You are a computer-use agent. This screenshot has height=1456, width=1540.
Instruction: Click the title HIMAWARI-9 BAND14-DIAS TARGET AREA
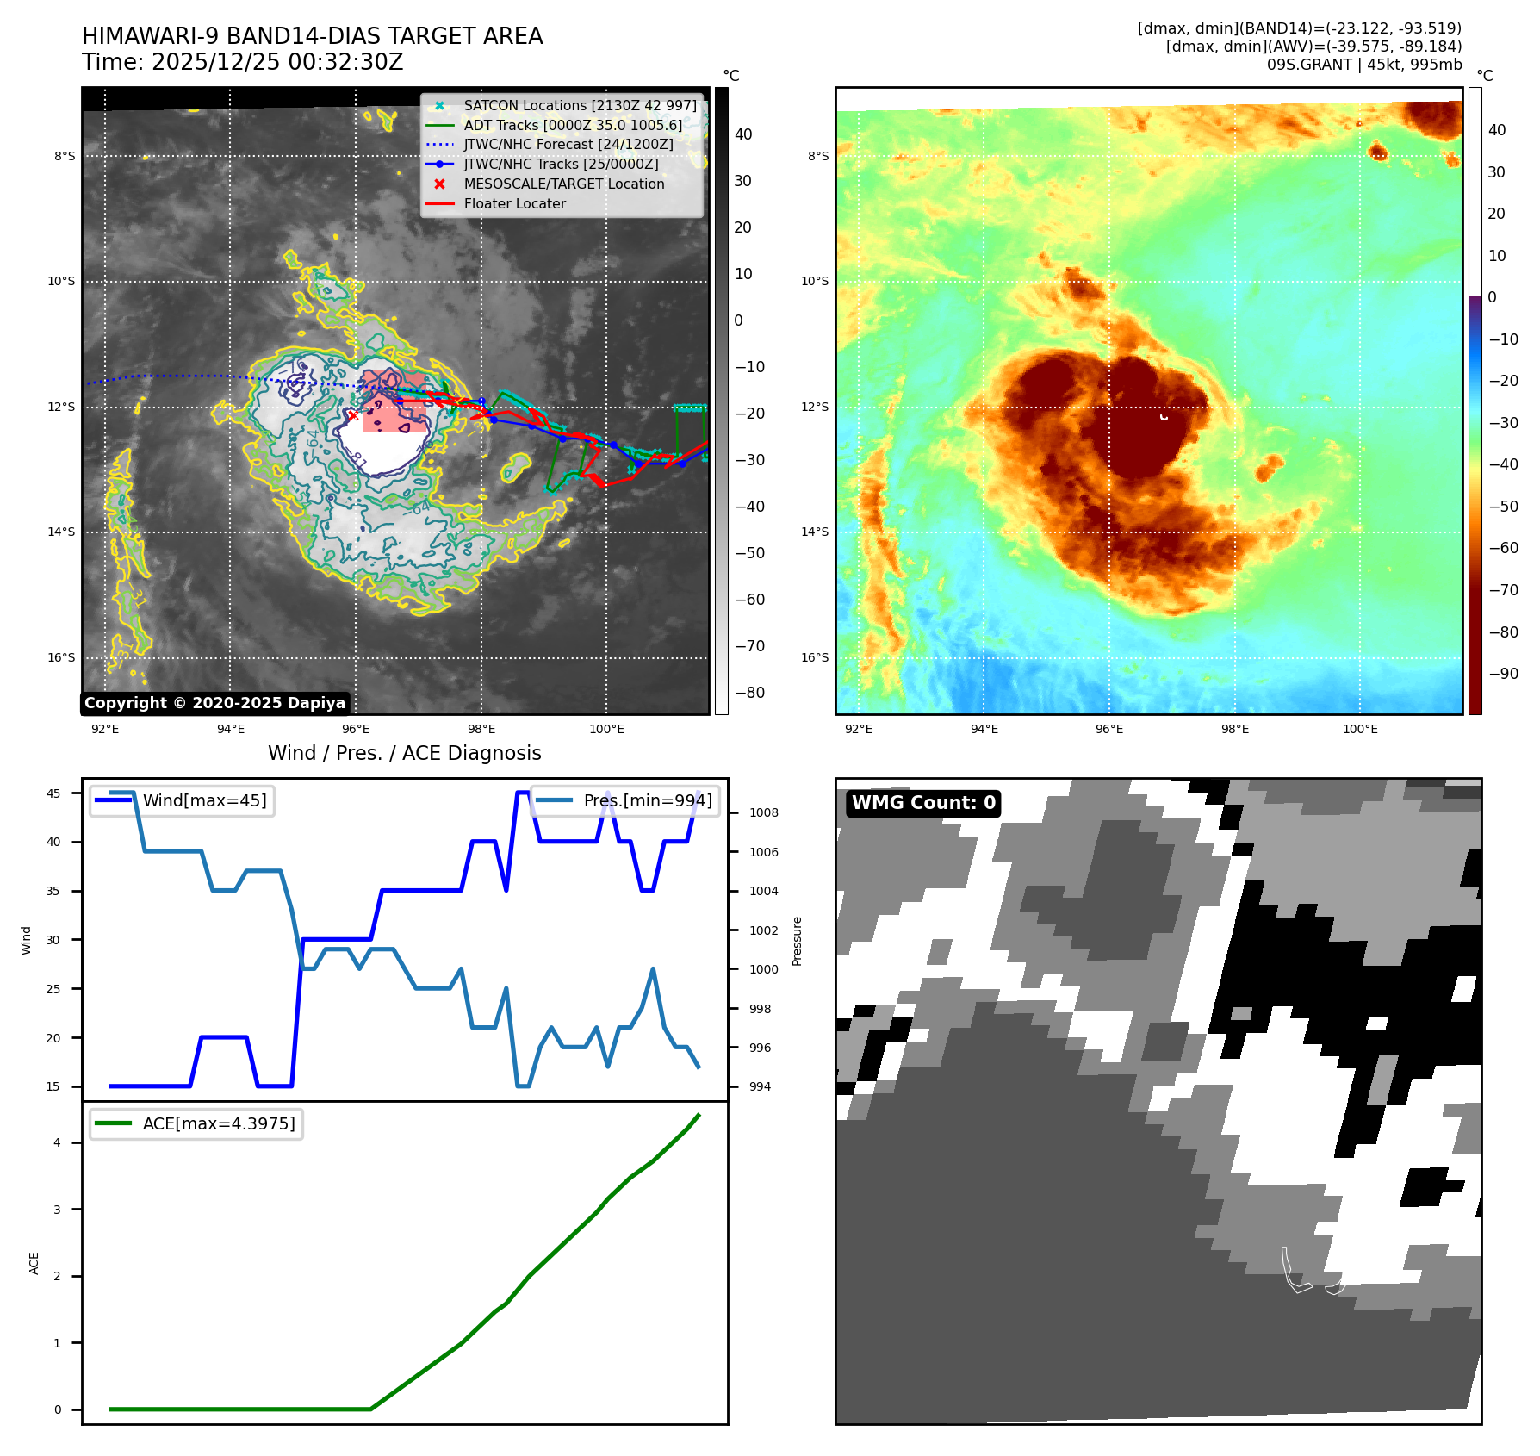point(312,36)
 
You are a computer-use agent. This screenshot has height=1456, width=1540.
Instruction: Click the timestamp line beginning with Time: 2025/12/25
point(242,62)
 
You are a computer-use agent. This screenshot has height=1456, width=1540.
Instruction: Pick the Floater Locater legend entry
point(514,204)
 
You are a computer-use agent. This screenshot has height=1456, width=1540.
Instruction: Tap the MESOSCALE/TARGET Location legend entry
point(563,184)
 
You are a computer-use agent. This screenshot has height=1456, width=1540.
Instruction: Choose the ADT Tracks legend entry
point(573,125)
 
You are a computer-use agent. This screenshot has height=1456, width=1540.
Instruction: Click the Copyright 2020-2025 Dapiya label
point(214,703)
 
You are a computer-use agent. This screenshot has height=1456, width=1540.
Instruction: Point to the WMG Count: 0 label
point(922,803)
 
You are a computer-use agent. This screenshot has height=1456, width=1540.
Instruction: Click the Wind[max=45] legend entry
point(204,800)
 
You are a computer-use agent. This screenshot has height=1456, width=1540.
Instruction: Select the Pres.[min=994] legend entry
point(647,800)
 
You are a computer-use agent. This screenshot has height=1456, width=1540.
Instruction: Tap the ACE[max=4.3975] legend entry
point(218,1123)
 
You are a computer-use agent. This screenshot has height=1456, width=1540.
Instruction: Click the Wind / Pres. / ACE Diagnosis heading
point(404,753)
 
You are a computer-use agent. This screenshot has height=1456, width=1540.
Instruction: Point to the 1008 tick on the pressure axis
point(763,812)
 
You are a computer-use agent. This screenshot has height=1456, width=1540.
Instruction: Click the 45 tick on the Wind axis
point(53,793)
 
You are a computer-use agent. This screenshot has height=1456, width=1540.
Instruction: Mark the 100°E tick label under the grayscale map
point(606,729)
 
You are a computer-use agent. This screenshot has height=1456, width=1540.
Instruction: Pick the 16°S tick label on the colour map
point(815,657)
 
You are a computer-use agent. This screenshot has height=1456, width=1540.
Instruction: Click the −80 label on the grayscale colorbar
point(749,693)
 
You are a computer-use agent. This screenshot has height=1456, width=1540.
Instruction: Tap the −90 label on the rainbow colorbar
point(1504,674)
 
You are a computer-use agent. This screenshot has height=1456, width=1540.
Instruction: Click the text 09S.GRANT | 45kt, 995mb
point(1363,65)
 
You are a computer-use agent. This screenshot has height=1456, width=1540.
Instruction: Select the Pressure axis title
point(797,941)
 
